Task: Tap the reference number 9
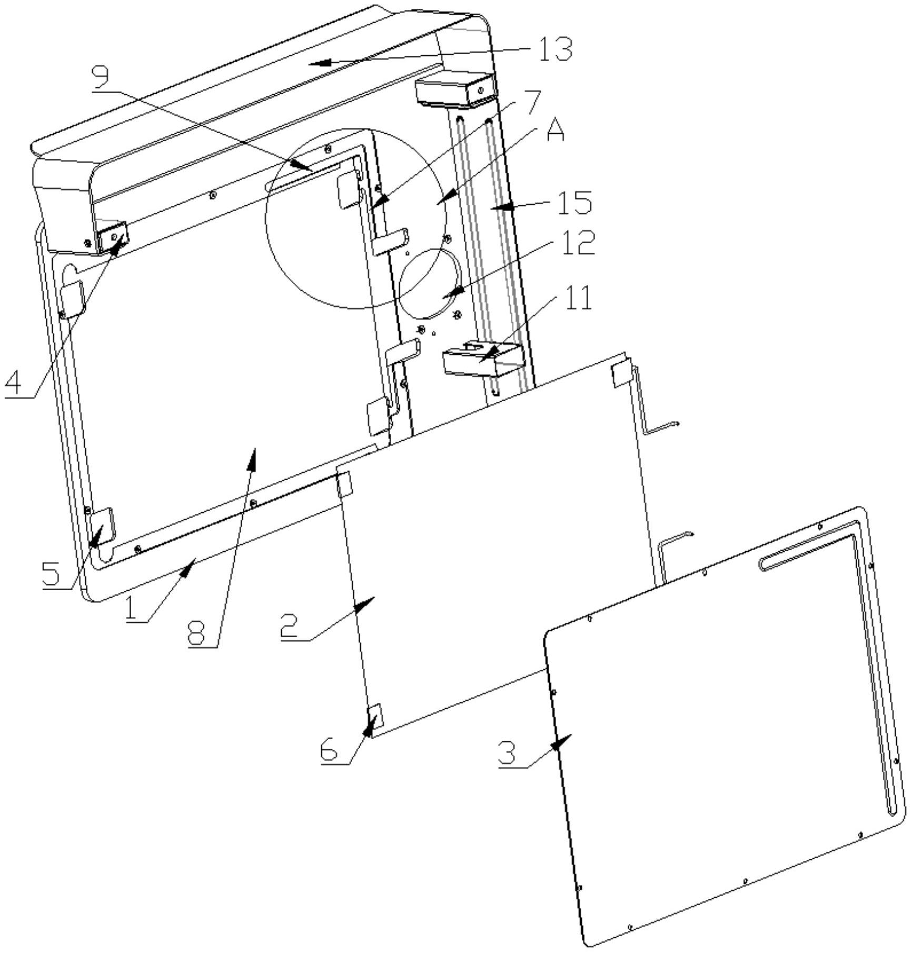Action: pyautogui.click(x=101, y=78)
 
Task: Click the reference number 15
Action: pyautogui.click(x=574, y=202)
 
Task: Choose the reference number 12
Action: pyautogui.click(x=578, y=243)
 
